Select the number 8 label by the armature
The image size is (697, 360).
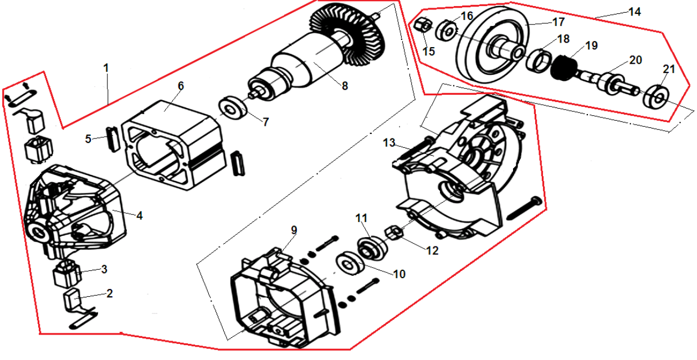pyautogui.click(x=345, y=86)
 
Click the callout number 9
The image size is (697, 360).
pyautogui.click(x=294, y=229)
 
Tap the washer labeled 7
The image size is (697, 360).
pyautogui.click(x=232, y=107)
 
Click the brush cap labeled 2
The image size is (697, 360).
pyautogui.click(x=72, y=301)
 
